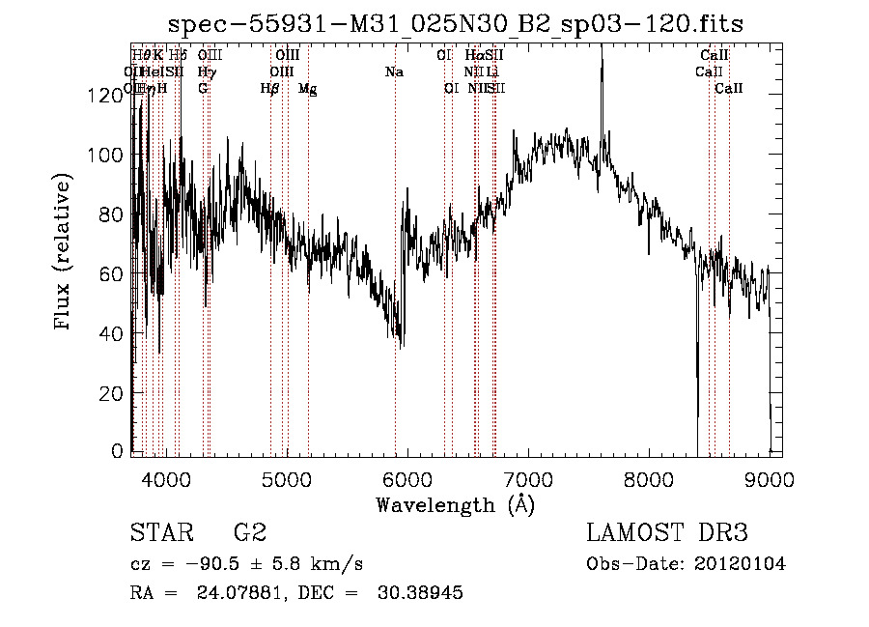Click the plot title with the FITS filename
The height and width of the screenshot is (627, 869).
456,24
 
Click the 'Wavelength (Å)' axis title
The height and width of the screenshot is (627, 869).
455,504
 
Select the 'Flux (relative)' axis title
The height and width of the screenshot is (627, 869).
65,254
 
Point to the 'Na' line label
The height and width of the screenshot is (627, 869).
394,72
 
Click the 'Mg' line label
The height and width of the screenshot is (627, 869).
307,89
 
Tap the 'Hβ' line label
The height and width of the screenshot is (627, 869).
270,88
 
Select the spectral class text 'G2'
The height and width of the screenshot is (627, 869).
250,533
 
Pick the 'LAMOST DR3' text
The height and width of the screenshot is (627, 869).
667,533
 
